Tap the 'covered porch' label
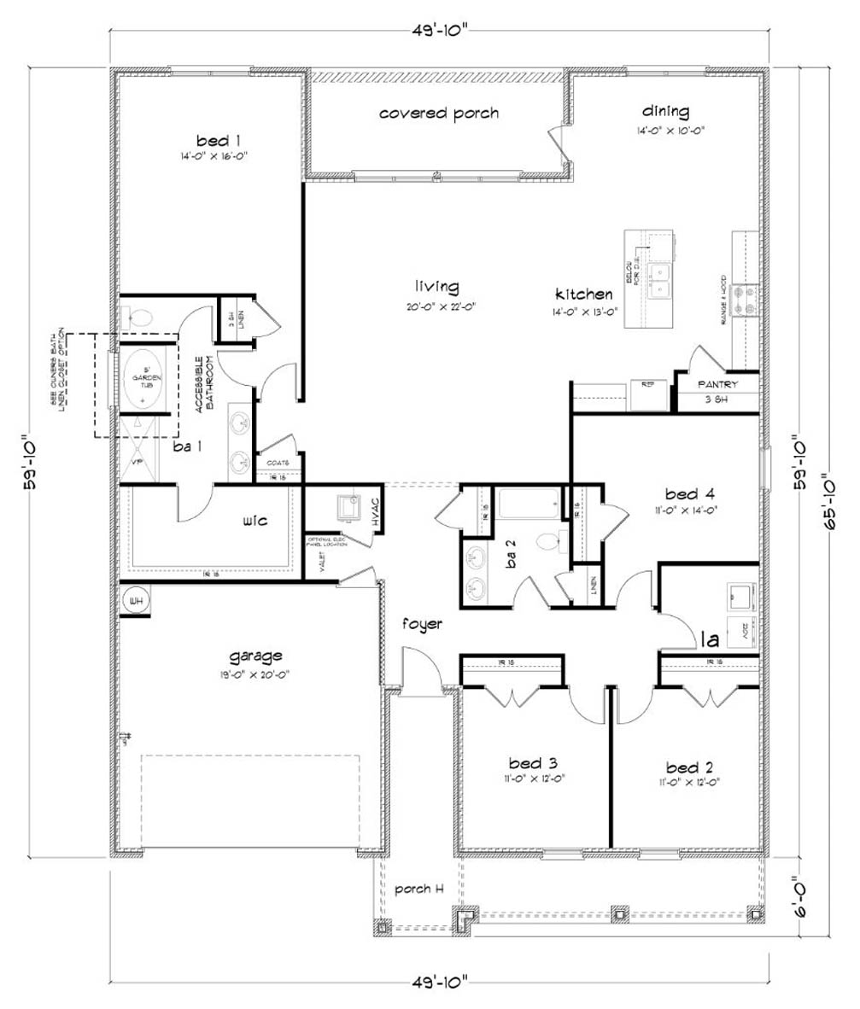coord(439,113)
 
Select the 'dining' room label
coord(665,111)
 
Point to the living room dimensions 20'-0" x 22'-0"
coord(437,305)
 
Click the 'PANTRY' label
coord(717,385)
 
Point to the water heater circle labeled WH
coord(135,601)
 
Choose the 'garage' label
coord(255,656)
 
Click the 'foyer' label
coord(423,624)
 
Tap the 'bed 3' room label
coord(533,762)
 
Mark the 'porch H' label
coord(418,889)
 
